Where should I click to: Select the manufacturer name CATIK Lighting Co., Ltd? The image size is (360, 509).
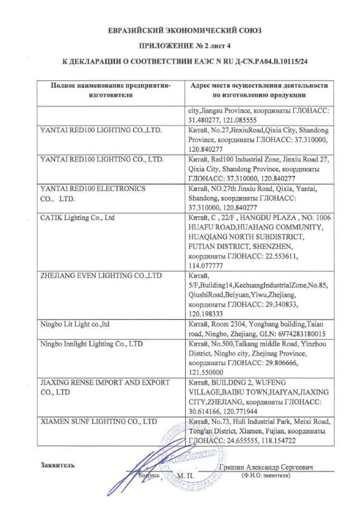(x=77, y=218)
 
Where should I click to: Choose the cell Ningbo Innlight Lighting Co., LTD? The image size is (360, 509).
(x=91, y=344)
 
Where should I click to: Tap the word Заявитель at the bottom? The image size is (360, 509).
(x=57, y=465)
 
